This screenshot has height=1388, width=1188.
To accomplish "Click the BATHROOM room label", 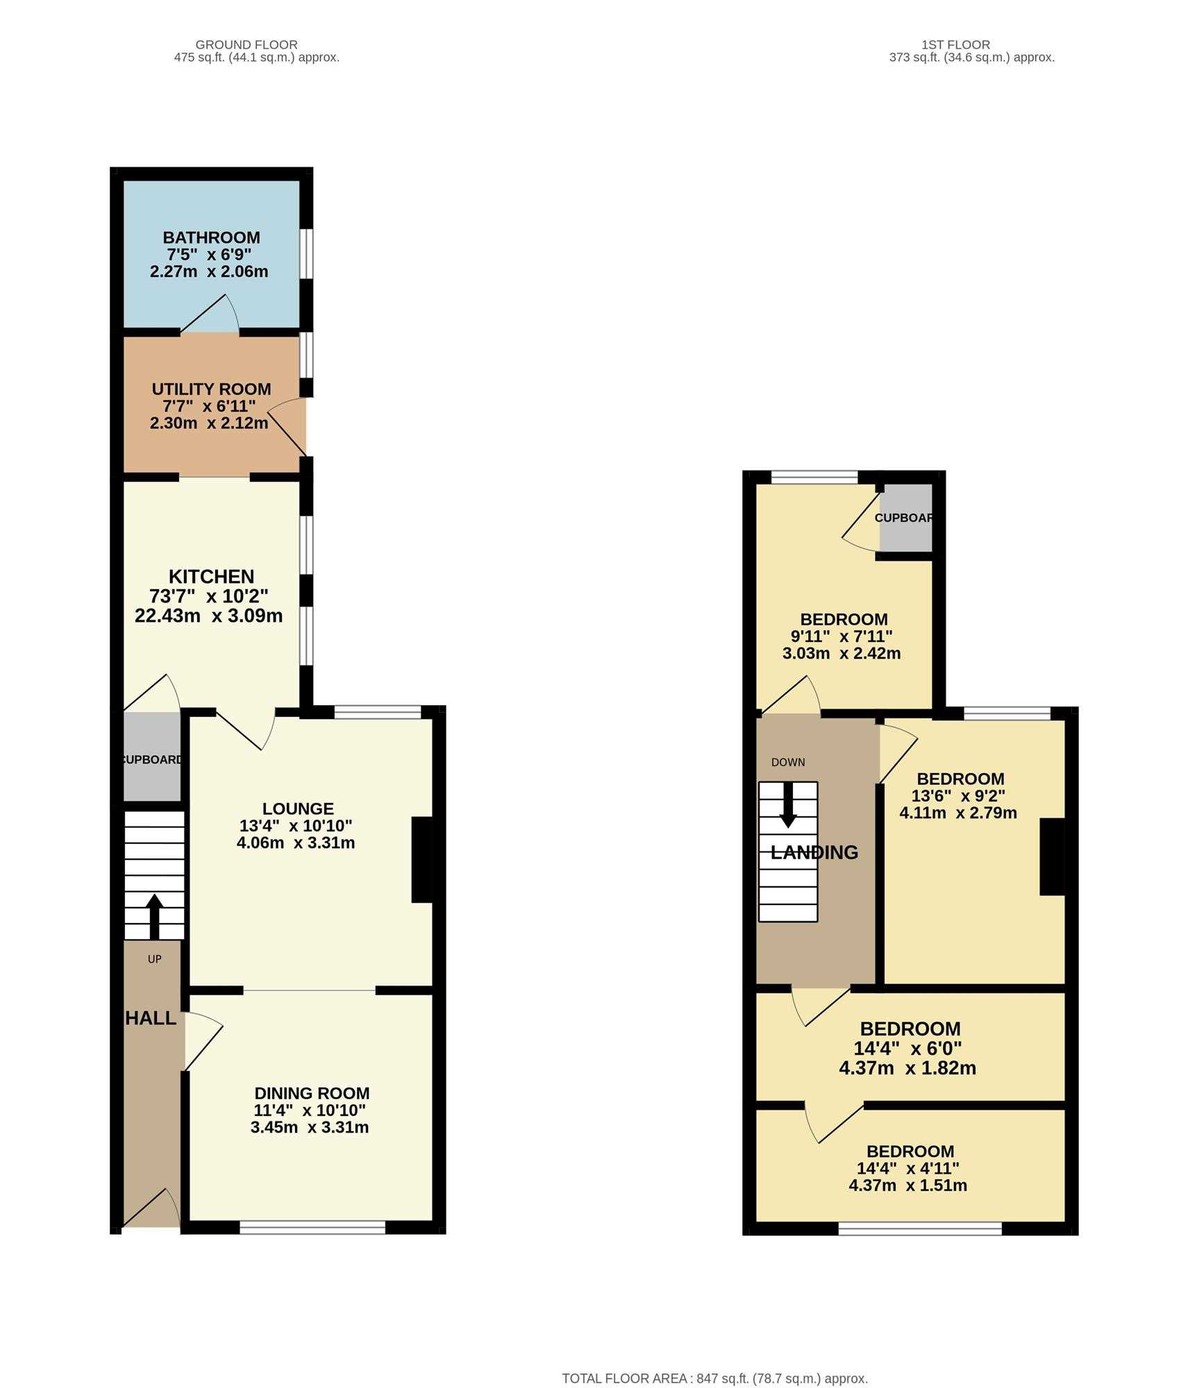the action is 211,237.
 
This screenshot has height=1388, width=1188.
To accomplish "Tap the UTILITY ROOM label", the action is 211,389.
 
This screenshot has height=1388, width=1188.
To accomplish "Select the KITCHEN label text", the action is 211,576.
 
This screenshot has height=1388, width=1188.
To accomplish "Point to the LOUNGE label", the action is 298,809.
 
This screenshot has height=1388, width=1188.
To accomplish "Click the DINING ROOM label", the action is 312,1093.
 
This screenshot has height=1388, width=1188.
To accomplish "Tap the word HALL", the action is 151,1018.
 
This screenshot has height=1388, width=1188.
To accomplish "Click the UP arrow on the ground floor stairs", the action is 154,916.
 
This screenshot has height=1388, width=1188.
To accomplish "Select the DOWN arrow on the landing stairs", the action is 788,805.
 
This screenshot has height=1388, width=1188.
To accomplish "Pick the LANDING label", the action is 814,852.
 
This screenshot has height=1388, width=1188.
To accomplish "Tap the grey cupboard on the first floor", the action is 905,518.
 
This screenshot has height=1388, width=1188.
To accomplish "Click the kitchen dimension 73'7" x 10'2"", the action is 208,595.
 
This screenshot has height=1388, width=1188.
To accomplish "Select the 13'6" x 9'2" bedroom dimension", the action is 958,795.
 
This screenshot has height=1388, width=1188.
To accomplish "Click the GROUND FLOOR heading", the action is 246,44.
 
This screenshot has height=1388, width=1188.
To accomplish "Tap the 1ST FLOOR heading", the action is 955,44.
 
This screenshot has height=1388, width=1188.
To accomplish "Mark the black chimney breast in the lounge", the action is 422,860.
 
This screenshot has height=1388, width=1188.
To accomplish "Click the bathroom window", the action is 306,254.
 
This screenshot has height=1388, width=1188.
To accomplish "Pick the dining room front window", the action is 312,1228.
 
